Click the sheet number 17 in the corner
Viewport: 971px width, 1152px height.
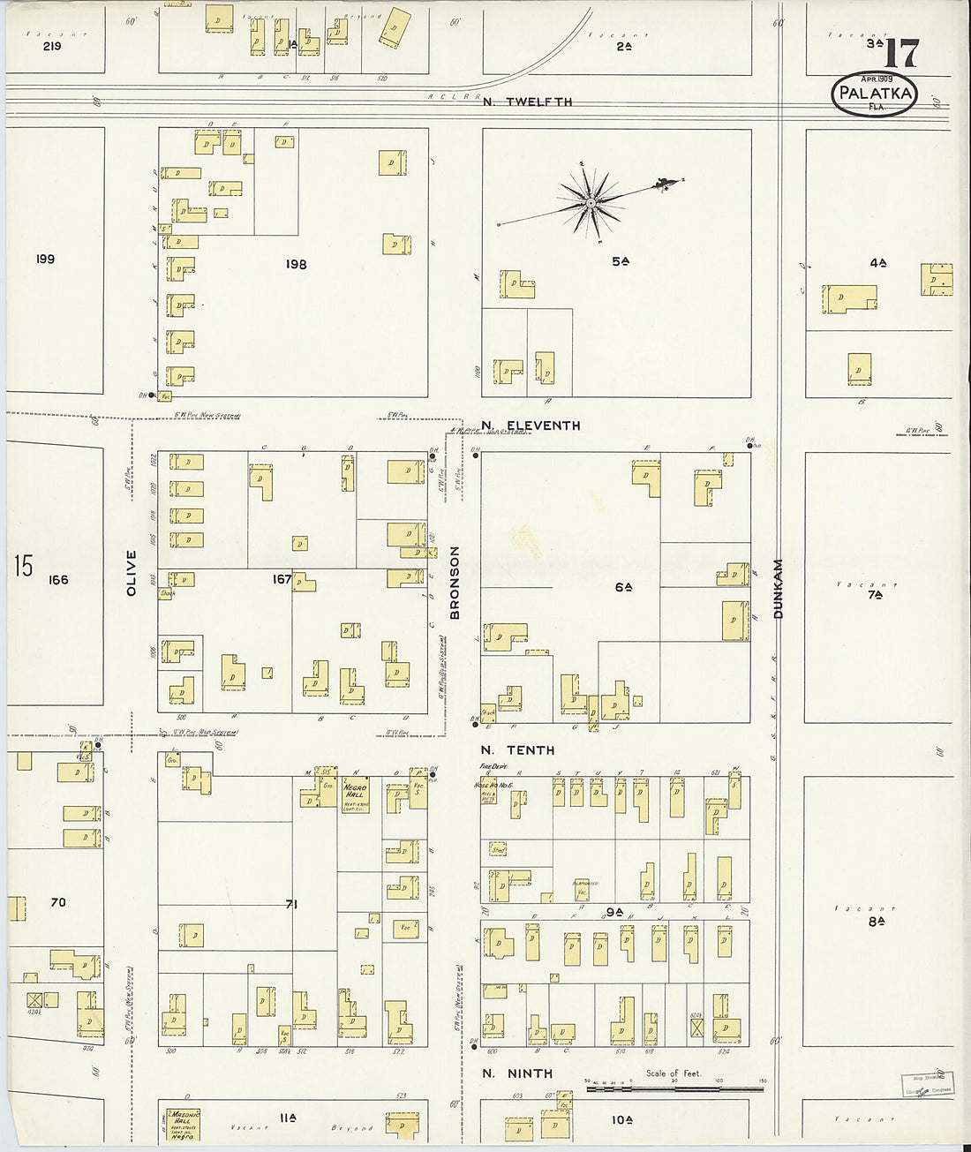tap(900, 54)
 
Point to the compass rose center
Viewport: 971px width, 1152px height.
tap(591, 204)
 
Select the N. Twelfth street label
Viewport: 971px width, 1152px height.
tap(528, 102)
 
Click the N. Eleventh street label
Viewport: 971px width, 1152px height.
tap(531, 425)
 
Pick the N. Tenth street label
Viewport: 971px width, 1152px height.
tap(518, 749)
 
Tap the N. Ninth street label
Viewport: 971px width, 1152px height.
tap(517, 1073)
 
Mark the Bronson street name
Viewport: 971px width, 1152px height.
tap(455, 582)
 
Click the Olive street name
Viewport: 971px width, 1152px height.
tap(132, 573)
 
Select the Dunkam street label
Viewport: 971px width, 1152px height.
tap(779, 588)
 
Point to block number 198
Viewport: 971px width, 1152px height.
tap(296, 264)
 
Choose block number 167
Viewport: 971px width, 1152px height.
tap(282, 579)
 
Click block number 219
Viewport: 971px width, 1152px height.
tap(52, 46)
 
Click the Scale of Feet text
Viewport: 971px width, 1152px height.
tap(674, 1073)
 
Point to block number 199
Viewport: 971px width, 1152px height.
tap(45, 259)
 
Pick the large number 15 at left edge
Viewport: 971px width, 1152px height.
tap(23, 566)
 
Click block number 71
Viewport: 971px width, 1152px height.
tap(290, 905)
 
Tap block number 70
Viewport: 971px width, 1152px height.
tap(58, 902)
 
